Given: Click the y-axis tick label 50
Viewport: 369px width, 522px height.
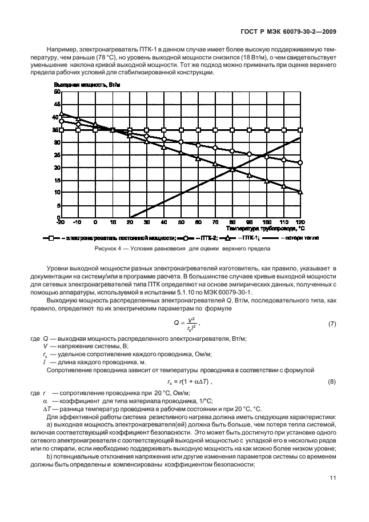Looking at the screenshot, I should click(x=57, y=91).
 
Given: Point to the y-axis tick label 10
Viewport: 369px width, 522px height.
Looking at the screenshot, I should click(x=57, y=193).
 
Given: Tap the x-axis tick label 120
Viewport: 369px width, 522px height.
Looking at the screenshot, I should click(x=300, y=222).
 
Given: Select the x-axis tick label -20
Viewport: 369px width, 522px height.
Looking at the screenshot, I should click(x=60, y=222).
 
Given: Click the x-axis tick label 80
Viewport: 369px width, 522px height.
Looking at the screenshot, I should click(x=232, y=222).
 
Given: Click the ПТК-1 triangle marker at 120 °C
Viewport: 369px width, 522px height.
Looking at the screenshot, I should click(x=300, y=192).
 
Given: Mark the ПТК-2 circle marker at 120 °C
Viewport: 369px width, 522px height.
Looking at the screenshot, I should click(x=300, y=162).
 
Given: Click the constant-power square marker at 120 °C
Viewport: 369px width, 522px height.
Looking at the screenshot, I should click(x=300, y=130).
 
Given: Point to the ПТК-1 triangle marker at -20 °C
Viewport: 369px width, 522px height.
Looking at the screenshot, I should click(x=61, y=113).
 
